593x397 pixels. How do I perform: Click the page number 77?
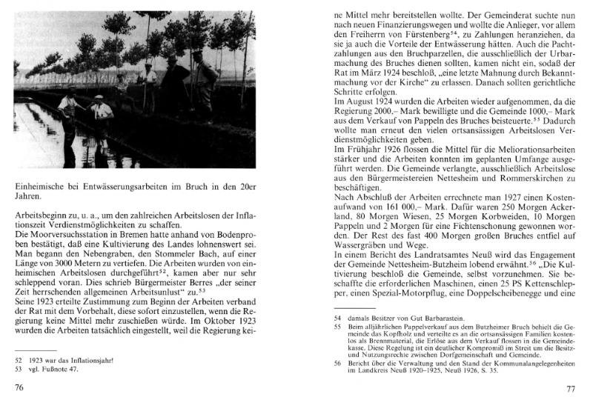tap(569, 387)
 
